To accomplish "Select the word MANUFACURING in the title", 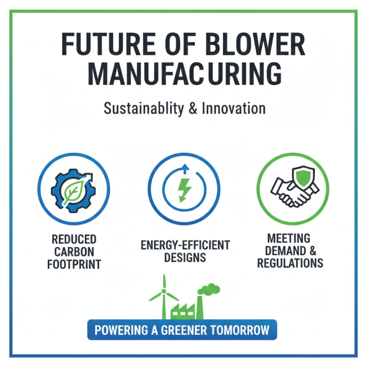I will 183,74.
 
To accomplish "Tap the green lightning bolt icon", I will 183,189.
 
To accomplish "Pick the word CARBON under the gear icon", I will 73,252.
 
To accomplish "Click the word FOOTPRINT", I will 73,265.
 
